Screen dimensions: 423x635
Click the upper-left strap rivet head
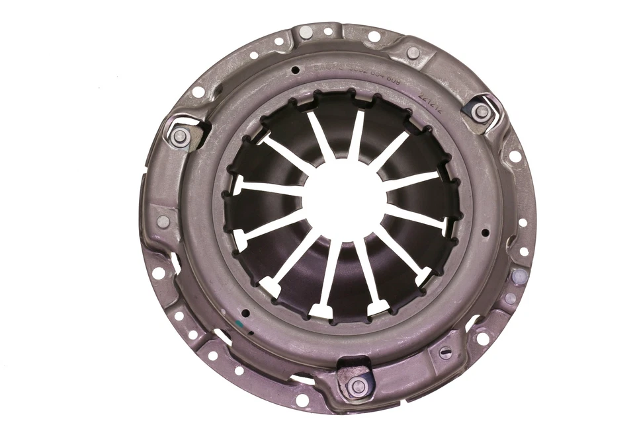tap(179, 137)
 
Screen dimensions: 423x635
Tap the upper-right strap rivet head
tap(482, 112)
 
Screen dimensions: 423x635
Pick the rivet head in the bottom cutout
tap(358, 385)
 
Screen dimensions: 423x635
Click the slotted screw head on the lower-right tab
tap(446, 353)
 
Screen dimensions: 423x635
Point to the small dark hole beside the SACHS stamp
tap(295, 69)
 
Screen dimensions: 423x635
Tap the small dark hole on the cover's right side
tap(486, 232)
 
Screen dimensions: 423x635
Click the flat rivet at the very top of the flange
tap(306, 32)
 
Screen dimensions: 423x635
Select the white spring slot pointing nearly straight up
tap(357, 132)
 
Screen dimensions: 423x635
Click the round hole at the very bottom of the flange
tap(302, 399)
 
